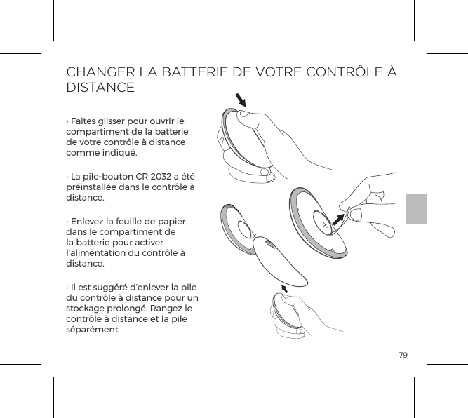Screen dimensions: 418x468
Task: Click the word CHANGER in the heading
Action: pos(96,72)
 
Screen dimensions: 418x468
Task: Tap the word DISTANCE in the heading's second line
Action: pos(100,89)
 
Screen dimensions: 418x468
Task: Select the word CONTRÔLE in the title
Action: pos(342,72)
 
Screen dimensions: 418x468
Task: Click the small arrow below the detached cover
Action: pos(285,289)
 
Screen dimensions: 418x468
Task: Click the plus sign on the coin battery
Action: pos(325,226)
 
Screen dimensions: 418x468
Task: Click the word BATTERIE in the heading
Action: pos(196,72)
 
